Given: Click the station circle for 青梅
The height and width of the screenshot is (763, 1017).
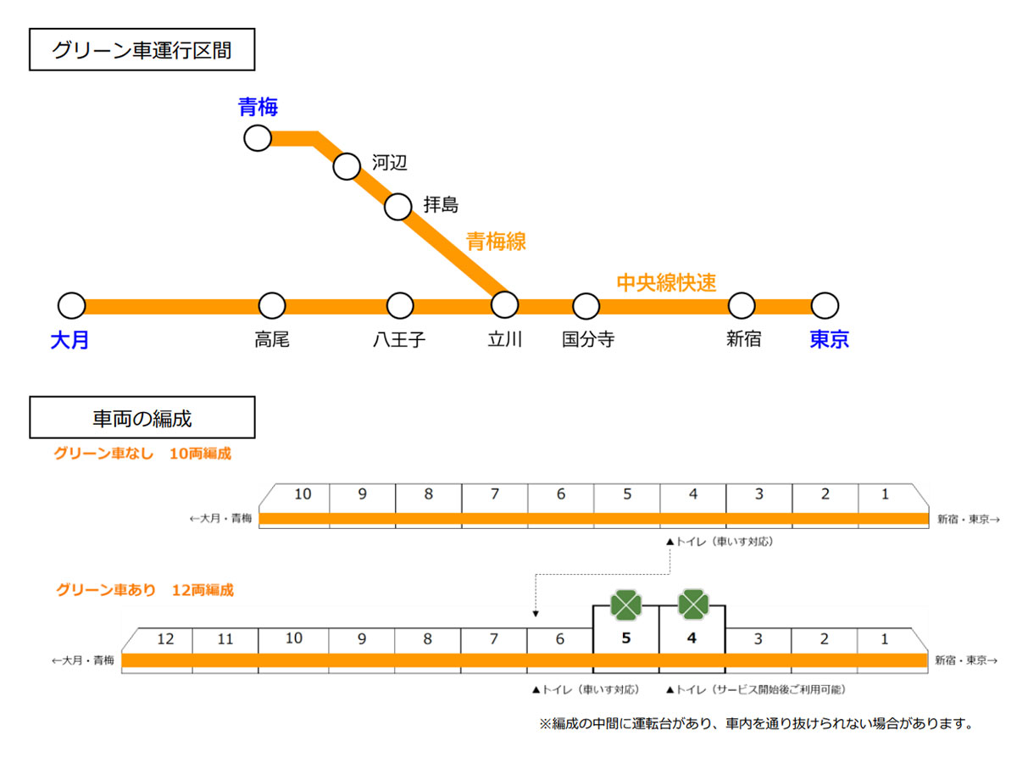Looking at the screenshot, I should (258, 137).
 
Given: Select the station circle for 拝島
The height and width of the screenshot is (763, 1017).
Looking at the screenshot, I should (398, 206).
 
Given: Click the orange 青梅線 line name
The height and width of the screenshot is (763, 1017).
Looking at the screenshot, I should (497, 242).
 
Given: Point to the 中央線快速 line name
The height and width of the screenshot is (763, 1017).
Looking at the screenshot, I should (666, 282).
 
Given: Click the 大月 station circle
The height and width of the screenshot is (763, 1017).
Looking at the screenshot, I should (73, 305).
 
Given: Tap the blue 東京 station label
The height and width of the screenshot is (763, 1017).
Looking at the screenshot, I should (829, 340).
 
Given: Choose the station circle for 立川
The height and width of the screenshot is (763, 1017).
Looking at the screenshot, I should (504, 305).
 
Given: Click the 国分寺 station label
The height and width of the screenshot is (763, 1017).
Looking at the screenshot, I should (588, 340).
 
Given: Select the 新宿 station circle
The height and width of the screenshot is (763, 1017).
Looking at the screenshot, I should (742, 305).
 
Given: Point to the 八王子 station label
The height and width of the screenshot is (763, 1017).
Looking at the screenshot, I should (399, 340).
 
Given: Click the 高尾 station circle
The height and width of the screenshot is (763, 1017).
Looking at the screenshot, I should (272, 305).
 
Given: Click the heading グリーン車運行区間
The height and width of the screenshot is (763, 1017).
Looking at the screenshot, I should (142, 51).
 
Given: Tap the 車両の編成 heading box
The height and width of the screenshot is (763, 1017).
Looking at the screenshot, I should (142, 418).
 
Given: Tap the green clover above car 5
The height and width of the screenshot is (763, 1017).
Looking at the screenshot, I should (626, 605).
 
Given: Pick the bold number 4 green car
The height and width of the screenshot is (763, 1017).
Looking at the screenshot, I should (692, 638).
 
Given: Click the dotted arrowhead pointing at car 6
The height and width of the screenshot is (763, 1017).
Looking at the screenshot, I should (535, 616).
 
